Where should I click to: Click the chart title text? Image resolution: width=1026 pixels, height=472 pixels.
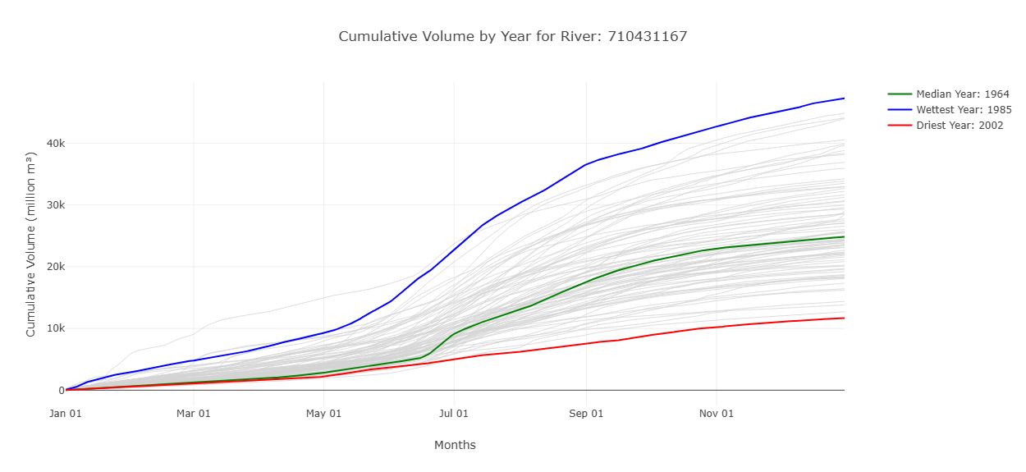tap(512, 36)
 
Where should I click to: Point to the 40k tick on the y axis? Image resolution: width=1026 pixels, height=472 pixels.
tap(44, 144)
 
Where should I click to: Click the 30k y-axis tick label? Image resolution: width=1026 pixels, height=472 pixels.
tap(44, 205)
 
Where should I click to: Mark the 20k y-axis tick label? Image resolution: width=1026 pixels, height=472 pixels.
tap(44, 267)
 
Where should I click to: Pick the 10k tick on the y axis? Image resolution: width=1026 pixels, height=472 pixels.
tap(44, 328)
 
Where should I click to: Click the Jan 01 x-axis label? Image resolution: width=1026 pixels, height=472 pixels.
tap(65, 414)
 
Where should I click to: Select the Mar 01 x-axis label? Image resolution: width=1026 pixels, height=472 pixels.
tap(194, 414)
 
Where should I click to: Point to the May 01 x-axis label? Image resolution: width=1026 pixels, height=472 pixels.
tap(323, 414)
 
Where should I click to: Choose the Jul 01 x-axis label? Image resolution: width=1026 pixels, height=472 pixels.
tap(453, 414)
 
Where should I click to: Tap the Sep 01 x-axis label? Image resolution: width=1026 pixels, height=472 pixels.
tap(586, 414)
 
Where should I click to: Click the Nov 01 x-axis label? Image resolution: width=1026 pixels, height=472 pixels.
tap(716, 414)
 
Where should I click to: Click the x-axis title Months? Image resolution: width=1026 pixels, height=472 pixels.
tap(455, 445)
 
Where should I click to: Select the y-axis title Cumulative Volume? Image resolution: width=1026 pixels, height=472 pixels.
tap(31, 244)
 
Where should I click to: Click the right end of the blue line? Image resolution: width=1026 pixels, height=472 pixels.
tap(844, 99)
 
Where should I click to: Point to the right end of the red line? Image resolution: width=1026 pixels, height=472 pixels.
tap(844, 318)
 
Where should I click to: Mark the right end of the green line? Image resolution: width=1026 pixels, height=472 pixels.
tap(844, 236)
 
